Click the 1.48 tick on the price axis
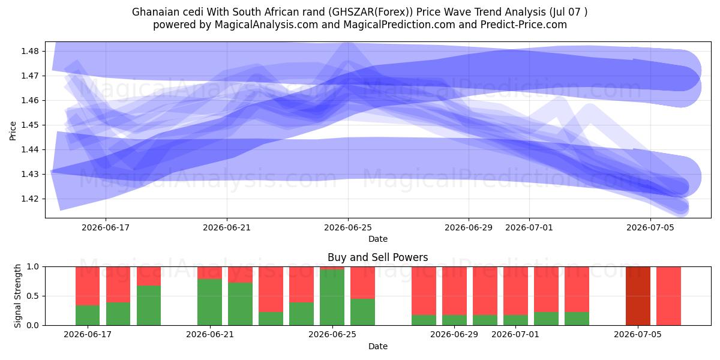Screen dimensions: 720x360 click(x=29, y=51)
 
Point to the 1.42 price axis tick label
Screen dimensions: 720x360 click(x=29, y=199)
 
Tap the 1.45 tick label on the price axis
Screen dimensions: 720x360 click(x=29, y=125)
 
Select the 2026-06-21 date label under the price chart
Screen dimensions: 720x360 click(x=227, y=227)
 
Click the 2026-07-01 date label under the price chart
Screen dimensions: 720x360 click(x=529, y=227)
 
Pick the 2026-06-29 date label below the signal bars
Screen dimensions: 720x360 click(x=454, y=334)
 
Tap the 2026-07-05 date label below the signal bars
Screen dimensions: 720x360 click(x=638, y=334)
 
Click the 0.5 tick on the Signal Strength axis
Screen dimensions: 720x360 click(x=32, y=296)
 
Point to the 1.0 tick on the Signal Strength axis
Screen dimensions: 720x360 click(x=32, y=266)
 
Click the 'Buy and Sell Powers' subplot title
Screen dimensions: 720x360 click(x=377, y=257)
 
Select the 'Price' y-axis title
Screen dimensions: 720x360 click(x=13, y=131)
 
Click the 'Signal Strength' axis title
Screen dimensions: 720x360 click(x=17, y=296)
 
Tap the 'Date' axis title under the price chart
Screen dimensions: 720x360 click(x=378, y=239)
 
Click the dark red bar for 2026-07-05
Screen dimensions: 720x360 click(x=638, y=296)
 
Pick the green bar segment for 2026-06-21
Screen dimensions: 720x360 click(x=209, y=302)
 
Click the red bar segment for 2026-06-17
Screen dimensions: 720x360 click(x=88, y=286)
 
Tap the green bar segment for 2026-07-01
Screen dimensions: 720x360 click(x=515, y=320)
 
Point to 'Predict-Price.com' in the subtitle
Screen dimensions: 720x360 click(x=524, y=25)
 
